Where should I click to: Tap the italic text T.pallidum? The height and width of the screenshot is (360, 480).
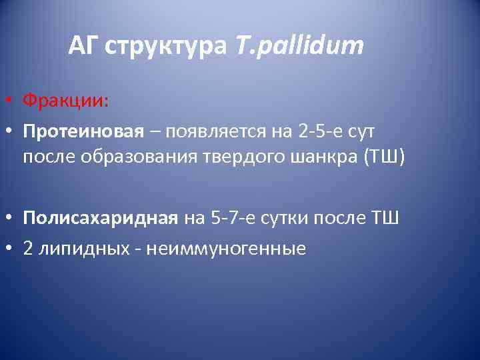(x=299, y=47)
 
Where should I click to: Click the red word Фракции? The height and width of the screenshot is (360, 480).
(x=65, y=101)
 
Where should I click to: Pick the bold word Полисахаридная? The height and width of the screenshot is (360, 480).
(x=100, y=219)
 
